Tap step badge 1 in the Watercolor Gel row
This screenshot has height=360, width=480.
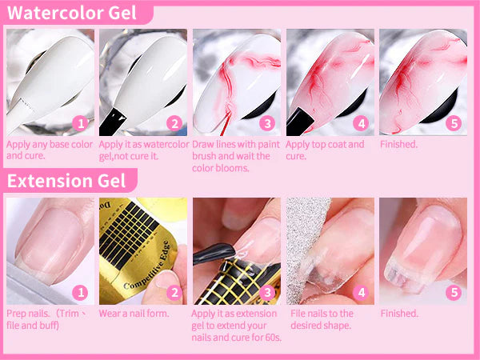79,123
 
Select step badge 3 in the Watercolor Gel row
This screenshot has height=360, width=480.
267,123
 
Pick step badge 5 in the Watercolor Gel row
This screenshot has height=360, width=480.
454,123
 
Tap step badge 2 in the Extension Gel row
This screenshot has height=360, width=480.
174,293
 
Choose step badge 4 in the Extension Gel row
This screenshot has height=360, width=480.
361,293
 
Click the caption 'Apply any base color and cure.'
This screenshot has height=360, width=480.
50,150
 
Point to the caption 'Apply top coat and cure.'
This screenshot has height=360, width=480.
325,150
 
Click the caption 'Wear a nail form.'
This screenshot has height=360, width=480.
134,314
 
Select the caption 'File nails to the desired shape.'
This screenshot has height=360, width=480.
322,319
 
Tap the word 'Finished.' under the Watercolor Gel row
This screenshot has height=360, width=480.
398,145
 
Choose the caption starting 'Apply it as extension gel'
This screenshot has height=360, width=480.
236,325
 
